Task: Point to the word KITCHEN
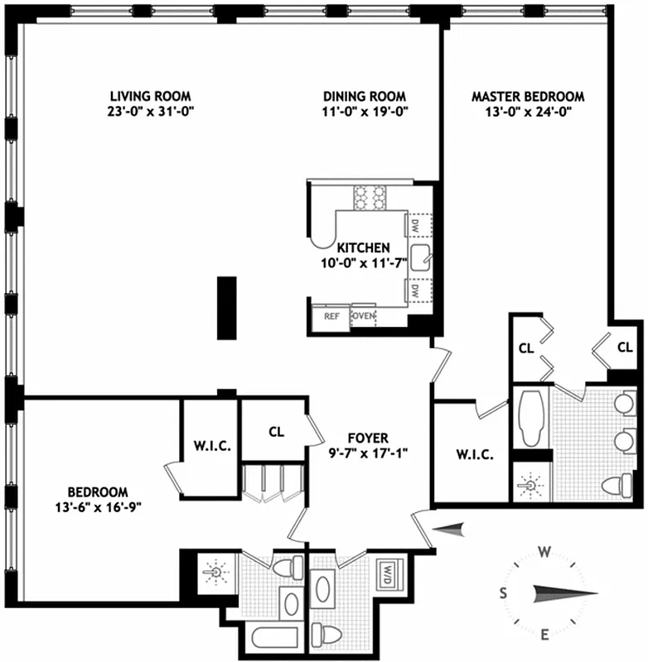[x=363, y=247]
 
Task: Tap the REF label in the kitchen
[x=331, y=316]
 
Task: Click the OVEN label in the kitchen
[x=364, y=316]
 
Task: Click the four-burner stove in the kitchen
[x=370, y=196]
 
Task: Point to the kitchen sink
[x=420, y=259]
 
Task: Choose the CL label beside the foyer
[x=276, y=431]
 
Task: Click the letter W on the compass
[x=545, y=552]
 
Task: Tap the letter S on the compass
[x=503, y=592]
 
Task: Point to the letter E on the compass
[x=545, y=635]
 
